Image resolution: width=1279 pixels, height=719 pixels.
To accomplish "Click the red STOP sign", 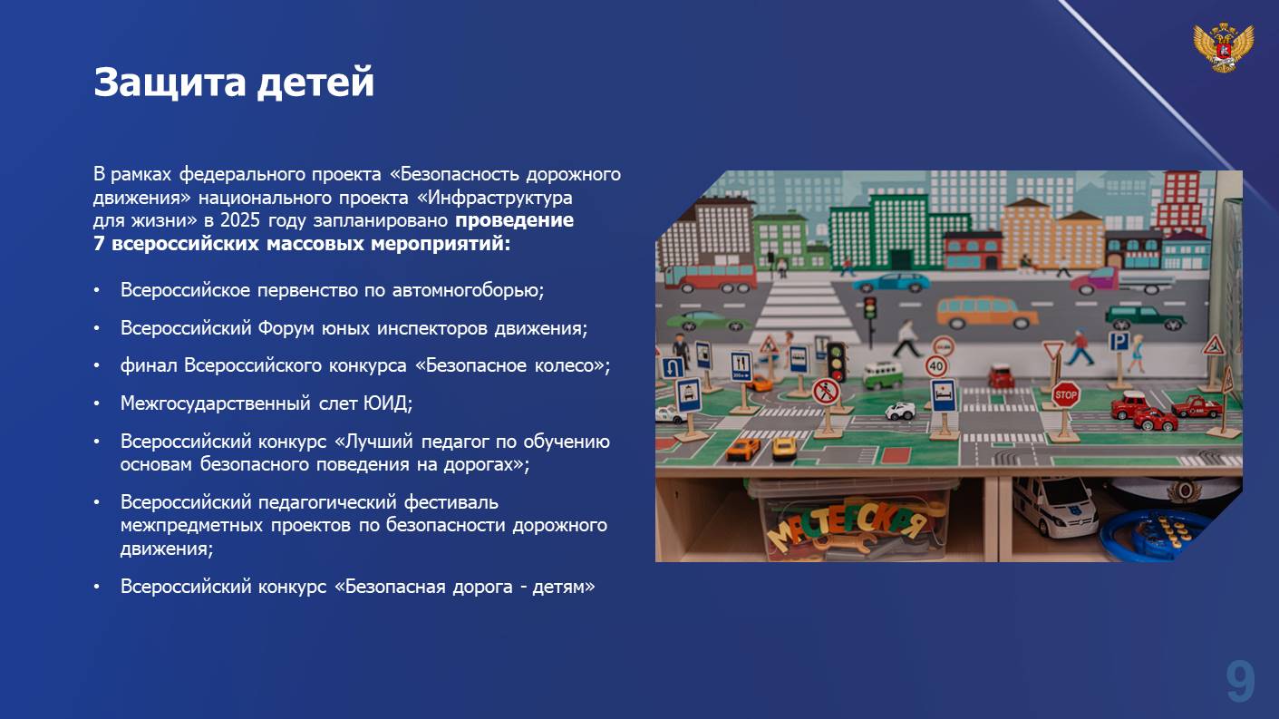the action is point(1065,394).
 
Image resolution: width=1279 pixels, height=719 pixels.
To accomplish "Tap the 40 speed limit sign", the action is point(936,366).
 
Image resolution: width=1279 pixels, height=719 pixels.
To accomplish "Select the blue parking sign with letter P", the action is point(1118,342).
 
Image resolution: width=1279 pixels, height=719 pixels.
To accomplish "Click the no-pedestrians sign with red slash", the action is point(826,393).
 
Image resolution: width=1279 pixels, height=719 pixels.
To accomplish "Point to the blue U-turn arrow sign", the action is point(672,368).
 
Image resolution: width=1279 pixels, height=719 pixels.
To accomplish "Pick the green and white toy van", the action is point(882,374).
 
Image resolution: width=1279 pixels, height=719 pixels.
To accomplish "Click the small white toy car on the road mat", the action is point(900,411).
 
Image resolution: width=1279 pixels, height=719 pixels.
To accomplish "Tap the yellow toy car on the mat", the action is point(784,448).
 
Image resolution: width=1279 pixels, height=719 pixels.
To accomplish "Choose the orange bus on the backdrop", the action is point(987,313).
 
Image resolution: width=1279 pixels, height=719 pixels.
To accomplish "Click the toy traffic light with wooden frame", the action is point(837,362).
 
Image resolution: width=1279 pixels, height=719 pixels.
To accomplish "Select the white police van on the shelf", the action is point(1054,506).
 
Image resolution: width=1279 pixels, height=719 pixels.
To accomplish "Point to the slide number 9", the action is point(1240,683).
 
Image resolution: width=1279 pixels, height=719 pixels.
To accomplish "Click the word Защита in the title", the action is point(170,83).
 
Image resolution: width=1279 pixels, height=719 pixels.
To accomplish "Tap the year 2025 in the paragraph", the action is point(240,219).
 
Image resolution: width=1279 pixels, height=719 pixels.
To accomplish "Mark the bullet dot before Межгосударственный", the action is point(97,403).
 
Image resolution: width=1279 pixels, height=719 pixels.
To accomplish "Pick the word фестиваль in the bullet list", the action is point(451,502).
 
